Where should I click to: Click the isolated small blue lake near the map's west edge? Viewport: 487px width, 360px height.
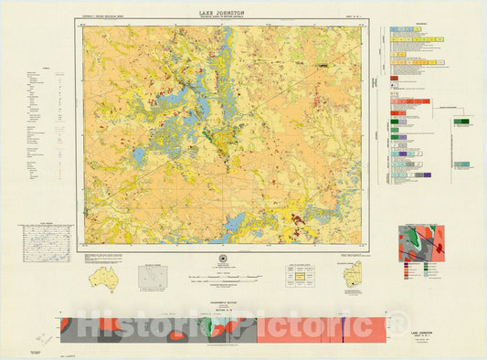(139, 156)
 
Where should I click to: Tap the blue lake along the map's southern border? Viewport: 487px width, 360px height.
(236, 221)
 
